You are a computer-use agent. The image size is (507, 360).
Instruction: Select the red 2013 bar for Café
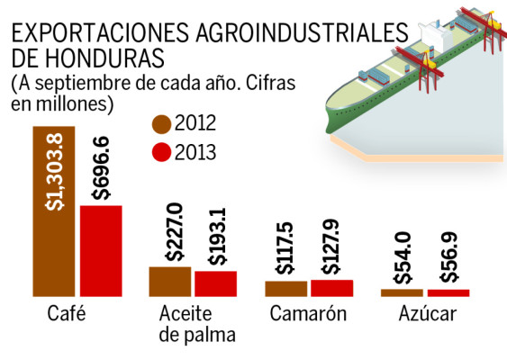(x=100, y=251)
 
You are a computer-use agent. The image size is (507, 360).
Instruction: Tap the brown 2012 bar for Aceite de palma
(x=169, y=282)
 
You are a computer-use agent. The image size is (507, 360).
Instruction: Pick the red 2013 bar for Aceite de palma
(x=216, y=283)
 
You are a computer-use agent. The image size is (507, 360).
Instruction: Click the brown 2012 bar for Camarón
(x=285, y=289)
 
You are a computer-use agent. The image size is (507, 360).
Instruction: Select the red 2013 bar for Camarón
(x=332, y=288)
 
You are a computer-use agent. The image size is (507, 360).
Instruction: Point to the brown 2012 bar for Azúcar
(x=402, y=292)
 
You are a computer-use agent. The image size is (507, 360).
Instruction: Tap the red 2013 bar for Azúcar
(x=448, y=292)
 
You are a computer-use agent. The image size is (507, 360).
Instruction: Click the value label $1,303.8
(x=54, y=171)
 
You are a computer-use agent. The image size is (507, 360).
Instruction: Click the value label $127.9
(x=332, y=246)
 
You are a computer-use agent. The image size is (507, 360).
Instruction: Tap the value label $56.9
(x=448, y=259)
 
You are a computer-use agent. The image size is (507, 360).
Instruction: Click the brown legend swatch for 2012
(x=162, y=124)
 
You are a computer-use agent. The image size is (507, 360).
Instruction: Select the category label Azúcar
(x=426, y=315)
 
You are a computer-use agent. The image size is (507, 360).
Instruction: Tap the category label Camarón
(x=308, y=315)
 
